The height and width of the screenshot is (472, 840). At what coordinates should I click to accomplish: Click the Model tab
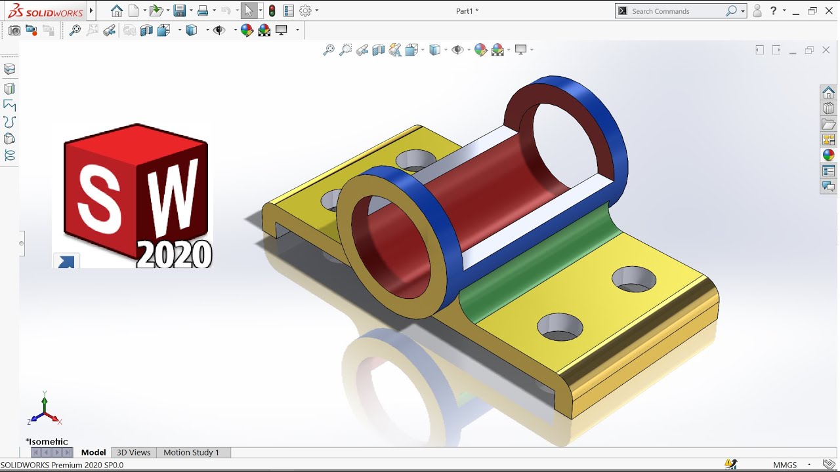click(x=93, y=452)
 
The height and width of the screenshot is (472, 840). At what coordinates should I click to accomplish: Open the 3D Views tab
click(x=134, y=452)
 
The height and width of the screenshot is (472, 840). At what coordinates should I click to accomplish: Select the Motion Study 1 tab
click(x=191, y=452)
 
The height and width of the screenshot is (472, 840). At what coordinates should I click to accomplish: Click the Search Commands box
click(x=676, y=11)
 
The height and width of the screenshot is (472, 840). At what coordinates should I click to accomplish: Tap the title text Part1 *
click(x=467, y=11)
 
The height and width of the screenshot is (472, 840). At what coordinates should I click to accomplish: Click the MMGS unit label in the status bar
click(x=785, y=465)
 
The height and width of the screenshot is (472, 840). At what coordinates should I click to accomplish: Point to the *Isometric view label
click(x=47, y=442)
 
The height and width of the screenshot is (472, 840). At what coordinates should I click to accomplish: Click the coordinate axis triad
click(x=44, y=410)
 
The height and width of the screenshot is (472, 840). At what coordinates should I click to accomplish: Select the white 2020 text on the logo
click(x=175, y=254)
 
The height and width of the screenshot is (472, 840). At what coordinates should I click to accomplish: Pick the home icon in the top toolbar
click(x=117, y=11)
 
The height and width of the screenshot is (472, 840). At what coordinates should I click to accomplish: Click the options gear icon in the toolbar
click(x=305, y=11)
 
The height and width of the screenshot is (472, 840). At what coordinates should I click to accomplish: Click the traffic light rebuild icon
click(x=272, y=11)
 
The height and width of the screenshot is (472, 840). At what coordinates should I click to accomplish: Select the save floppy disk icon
click(x=178, y=11)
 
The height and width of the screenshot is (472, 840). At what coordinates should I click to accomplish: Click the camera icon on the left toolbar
click(x=14, y=30)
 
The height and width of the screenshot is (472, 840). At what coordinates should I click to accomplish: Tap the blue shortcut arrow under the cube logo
click(x=66, y=262)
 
